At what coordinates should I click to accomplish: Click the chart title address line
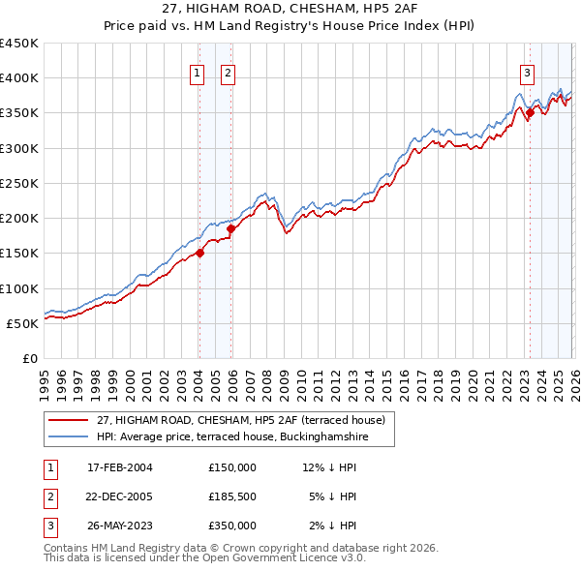tap(290, 9)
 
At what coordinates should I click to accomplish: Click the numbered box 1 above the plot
tap(199, 72)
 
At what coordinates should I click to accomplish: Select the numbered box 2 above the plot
tap(228, 72)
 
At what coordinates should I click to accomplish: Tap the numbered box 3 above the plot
tap(527, 72)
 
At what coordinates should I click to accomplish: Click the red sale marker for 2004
tap(199, 254)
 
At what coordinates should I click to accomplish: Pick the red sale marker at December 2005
tap(231, 228)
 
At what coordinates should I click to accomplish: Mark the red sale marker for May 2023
tap(530, 113)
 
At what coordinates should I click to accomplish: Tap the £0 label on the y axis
tap(29, 358)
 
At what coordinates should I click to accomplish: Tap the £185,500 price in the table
tap(232, 496)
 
